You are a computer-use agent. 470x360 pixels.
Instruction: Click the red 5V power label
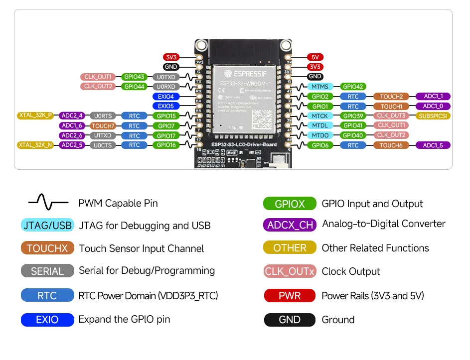tap(315, 57)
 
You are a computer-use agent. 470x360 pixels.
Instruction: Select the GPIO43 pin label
tap(135, 77)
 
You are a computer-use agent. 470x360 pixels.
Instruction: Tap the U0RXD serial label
tap(166, 87)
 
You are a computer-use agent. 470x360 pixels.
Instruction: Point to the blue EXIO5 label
tap(166, 106)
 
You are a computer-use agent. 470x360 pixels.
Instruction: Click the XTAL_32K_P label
tap(35, 116)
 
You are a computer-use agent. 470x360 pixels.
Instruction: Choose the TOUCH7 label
tap(103, 125)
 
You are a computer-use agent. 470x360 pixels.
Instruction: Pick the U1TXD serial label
tap(103, 135)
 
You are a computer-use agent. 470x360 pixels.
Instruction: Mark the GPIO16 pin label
tap(166, 145)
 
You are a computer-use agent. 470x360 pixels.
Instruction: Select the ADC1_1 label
tap(433, 96)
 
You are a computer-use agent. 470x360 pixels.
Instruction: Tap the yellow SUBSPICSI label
tap(433, 116)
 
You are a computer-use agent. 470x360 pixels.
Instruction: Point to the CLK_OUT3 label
tap(391, 116)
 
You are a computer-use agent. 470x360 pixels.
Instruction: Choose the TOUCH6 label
tap(391, 145)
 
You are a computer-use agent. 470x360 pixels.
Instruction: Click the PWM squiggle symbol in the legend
tap(48, 203)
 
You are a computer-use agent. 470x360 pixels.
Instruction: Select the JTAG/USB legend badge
tap(48, 225)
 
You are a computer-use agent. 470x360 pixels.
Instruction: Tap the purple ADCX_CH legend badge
tap(290, 225)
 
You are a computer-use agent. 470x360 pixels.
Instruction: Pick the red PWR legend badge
tap(290, 296)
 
